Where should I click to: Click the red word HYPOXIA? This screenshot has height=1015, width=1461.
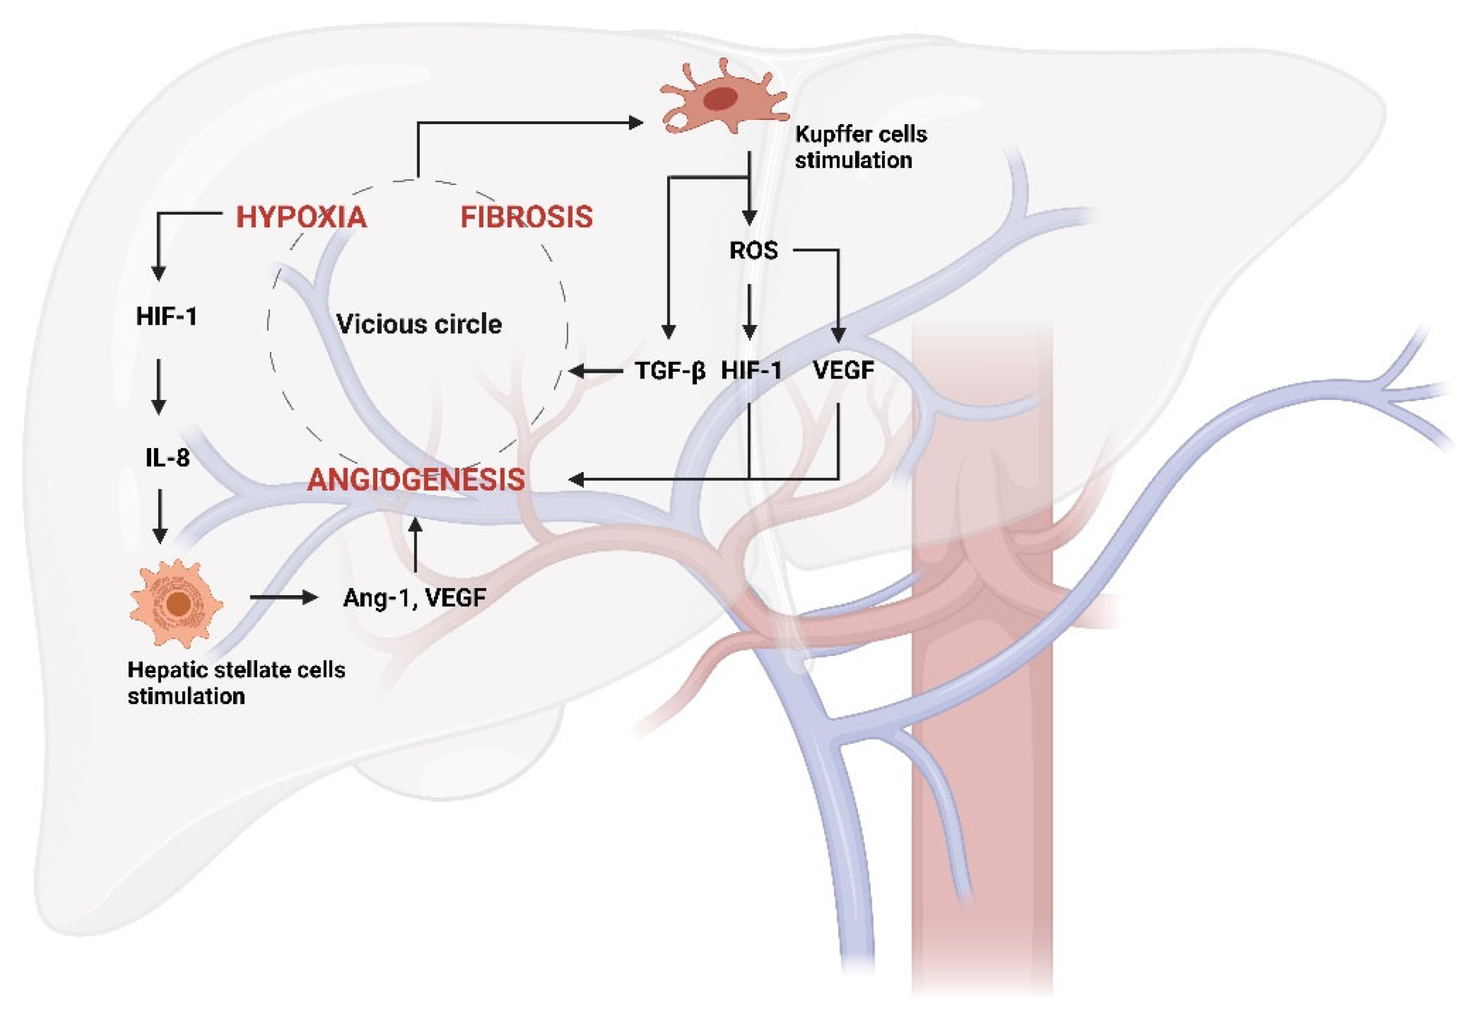[x=301, y=217]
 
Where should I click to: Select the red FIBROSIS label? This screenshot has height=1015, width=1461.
[x=526, y=217]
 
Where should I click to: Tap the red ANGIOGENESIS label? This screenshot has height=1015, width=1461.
[x=416, y=479]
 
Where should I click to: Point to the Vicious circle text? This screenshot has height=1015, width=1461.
[x=419, y=324]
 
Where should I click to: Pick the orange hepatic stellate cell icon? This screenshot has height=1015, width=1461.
[x=176, y=603]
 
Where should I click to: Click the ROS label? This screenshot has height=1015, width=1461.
[x=753, y=250]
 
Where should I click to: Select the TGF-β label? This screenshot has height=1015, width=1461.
[x=670, y=370]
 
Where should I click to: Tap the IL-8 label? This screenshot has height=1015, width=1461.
[x=167, y=457]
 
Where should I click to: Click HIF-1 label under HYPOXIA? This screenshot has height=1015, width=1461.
[x=167, y=316]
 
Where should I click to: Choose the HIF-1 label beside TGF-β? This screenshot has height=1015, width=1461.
[x=751, y=370]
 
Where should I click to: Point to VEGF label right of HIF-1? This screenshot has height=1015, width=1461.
[x=844, y=370]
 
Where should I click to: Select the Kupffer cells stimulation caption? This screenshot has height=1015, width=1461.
[x=860, y=147]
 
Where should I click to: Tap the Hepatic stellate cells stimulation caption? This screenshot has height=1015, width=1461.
[x=236, y=682]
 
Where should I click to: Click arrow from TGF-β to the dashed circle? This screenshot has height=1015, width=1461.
[x=596, y=370]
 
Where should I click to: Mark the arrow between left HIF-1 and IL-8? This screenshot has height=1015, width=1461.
[x=159, y=387]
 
